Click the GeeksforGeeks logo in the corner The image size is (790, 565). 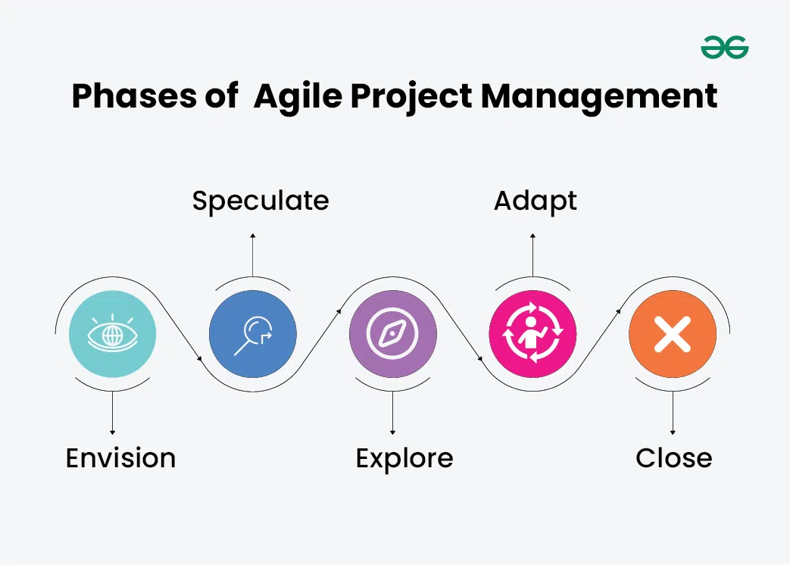pyautogui.click(x=724, y=48)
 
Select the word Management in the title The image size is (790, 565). pyautogui.click(x=599, y=97)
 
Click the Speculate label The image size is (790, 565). pyautogui.click(x=260, y=201)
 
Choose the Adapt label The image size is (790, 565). pyautogui.click(x=535, y=201)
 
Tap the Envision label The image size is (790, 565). pyautogui.click(x=120, y=458)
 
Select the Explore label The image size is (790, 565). pyautogui.click(x=404, y=458)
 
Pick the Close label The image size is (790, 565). pyautogui.click(x=673, y=458)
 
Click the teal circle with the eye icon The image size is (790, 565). pyautogui.click(x=112, y=334)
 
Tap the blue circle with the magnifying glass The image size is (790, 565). pyautogui.click(x=252, y=334)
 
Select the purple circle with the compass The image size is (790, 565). pyautogui.click(x=392, y=334)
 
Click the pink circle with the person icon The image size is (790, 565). pyautogui.click(x=532, y=334)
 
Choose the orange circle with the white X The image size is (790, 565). pyautogui.click(x=673, y=334)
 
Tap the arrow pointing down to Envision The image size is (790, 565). pyautogui.click(x=112, y=413)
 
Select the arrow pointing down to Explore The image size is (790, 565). pyautogui.click(x=392, y=413)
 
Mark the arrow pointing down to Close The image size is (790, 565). pyautogui.click(x=673, y=413)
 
